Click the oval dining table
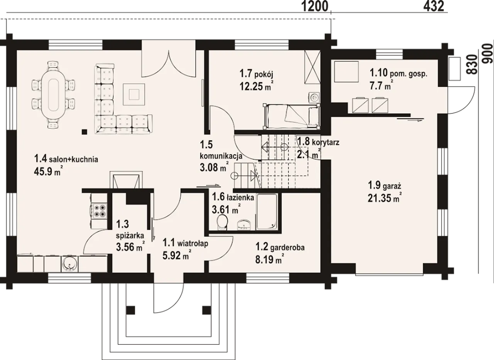point(54,95)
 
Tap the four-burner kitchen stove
point(99,211)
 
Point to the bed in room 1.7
point(291,116)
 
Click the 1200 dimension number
point(315,7)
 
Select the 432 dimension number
point(433,7)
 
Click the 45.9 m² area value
point(47,171)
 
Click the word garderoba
point(288,248)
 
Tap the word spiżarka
point(130,236)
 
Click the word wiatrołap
point(193,244)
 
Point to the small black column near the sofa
point(84,132)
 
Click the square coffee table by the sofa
point(134,95)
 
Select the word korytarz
point(325,143)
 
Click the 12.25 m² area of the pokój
point(257,86)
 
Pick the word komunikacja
point(221,156)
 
